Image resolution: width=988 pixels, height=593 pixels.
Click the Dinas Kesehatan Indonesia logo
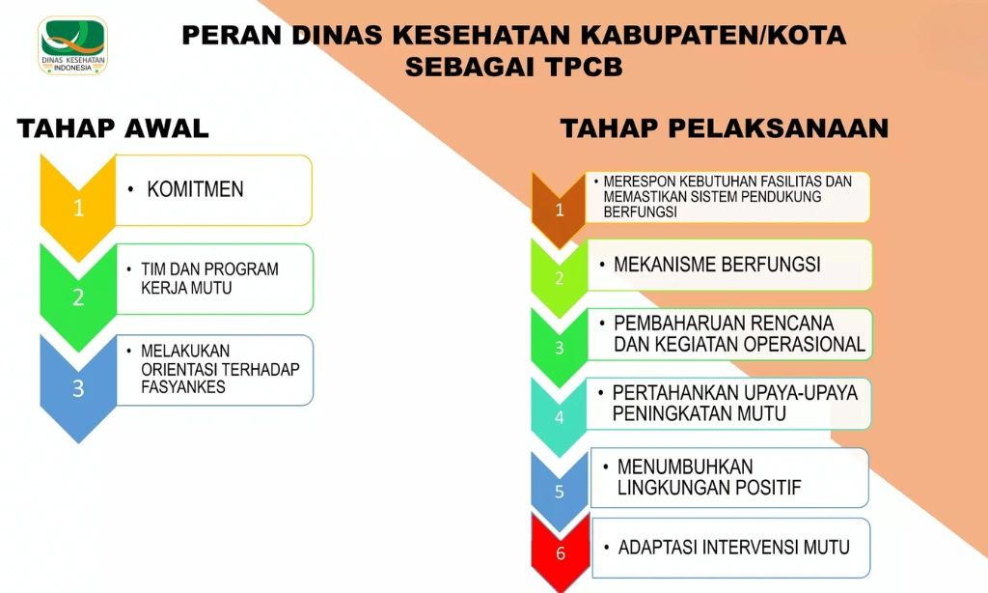pos(73,44)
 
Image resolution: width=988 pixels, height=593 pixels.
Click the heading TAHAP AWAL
pos(113,129)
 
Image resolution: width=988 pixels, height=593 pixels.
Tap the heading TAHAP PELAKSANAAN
pos(724,129)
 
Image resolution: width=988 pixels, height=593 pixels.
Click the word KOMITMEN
pos(195,189)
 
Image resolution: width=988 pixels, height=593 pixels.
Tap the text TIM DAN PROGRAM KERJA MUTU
pos(209,278)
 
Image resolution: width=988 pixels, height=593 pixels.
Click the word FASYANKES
pos(182,387)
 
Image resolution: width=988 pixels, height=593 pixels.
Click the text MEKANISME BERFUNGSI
pos(717,264)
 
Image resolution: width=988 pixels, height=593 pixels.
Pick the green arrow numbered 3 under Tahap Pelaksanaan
pos(559,346)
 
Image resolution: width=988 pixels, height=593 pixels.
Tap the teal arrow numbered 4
pos(559,416)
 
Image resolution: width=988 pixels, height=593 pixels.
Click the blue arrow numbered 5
pos(559,489)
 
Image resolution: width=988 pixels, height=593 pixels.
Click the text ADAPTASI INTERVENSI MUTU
pos(734,548)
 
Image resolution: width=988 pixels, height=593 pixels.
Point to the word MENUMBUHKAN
pos(685,467)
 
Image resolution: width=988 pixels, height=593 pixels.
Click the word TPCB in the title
pos(580,69)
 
